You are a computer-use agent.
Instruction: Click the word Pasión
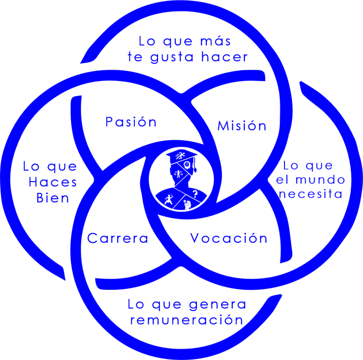tap(131, 122)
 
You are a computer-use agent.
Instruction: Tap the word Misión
tap(242, 126)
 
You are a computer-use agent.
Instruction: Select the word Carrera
tap(118, 238)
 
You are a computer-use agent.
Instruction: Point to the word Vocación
tap(229, 238)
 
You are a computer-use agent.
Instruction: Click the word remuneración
tap(187, 319)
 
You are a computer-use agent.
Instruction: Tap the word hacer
tap(225, 57)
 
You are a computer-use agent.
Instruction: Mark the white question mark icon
tap(195, 194)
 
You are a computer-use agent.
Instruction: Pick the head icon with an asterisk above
tap(187, 204)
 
